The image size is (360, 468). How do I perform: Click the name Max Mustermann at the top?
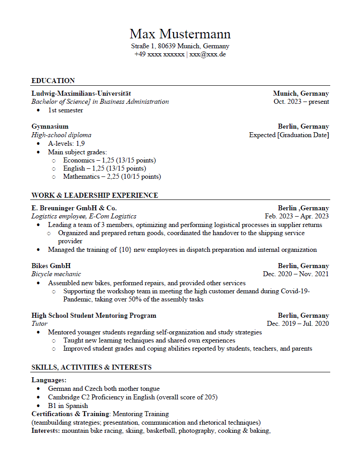[180, 34]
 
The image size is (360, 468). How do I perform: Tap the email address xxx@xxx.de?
[208, 54]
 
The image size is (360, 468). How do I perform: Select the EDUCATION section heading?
[53, 81]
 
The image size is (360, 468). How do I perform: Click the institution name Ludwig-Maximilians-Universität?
[81, 93]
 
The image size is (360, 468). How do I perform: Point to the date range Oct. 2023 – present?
[301, 102]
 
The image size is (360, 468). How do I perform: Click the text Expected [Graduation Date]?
[289, 135]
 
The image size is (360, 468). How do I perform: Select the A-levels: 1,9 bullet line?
[66, 144]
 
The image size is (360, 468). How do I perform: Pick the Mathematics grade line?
[112, 176]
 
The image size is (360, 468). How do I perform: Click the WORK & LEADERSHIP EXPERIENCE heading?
[95, 195]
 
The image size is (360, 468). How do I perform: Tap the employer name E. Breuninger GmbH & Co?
[74, 208]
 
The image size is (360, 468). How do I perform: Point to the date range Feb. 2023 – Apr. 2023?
[296, 216]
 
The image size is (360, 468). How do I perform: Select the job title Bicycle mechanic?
[56, 274]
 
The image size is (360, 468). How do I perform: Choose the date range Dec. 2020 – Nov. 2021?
[295, 274]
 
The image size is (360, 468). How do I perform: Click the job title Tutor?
[40, 324]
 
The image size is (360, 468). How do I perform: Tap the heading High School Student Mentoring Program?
[94, 315]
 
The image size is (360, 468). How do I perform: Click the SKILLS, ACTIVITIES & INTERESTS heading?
[92, 367]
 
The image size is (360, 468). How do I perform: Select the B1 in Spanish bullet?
[68, 406]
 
